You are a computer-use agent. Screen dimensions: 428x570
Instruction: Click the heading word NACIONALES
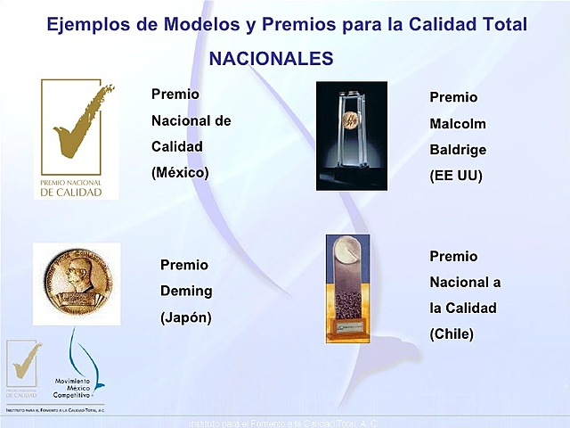pyautogui.click(x=271, y=59)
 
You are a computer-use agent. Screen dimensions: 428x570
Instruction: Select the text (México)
pyautogui.click(x=180, y=172)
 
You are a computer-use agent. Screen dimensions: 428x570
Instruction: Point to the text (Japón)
pyautogui.click(x=185, y=317)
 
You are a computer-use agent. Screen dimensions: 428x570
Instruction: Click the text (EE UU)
pyautogui.click(x=455, y=176)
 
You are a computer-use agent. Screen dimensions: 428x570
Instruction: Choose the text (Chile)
pyautogui.click(x=452, y=334)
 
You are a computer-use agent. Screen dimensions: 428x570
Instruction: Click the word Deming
pyautogui.click(x=186, y=291)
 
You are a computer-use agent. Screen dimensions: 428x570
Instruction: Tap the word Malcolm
pyautogui.click(x=458, y=123)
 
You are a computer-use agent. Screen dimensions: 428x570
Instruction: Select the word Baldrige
pyautogui.click(x=458, y=149)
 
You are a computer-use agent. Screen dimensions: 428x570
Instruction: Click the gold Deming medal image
pyautogui.click(x=77, y=284)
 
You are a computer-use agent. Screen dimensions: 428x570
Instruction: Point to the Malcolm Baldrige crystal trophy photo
pyautogui.click(x=351, y=136)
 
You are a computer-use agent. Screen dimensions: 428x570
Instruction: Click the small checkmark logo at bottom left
pyautogui.click(x=24, y=366)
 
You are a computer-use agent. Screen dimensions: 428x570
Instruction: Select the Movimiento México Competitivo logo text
pyautogui.click(x=78, y=387)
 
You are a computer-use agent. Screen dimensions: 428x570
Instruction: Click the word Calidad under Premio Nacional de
pyautogui.click(x=177, y=146)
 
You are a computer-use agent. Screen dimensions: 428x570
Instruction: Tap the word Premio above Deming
pyautogui.click(x=184, y=265)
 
